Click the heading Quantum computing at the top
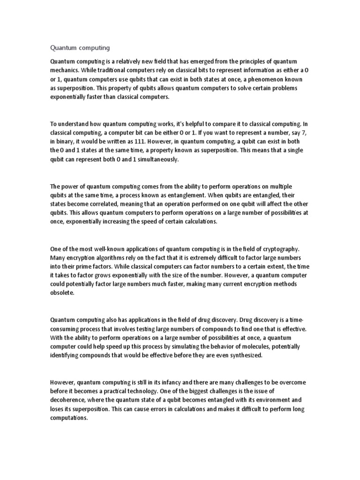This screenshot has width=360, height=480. (80, 47)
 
